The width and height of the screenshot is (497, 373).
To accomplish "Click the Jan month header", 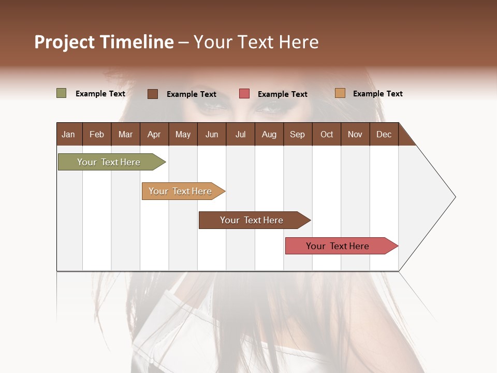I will (x=68, y=134).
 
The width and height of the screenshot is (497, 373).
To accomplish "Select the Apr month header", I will (x=154, y=134).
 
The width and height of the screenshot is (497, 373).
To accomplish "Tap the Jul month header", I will (x=240, y=134).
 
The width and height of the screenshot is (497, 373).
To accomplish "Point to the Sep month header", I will (x=297, y=134).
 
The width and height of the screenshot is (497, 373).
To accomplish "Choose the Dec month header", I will (x=384, y=134).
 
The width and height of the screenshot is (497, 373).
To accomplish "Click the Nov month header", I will (x=355, y=134).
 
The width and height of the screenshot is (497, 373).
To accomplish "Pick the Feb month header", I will (x=97, y=134).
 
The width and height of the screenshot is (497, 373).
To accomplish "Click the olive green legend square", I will (x=61, y=93).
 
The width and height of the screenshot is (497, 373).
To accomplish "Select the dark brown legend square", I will (x=153, y=94).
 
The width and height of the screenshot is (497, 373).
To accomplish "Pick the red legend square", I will (x=244, y=94).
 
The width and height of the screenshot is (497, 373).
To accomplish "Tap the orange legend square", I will (x=340, y=93).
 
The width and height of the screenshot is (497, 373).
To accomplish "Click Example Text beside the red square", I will (x=282, y=94).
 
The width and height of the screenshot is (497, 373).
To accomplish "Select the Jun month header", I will (x=212, y=134).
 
